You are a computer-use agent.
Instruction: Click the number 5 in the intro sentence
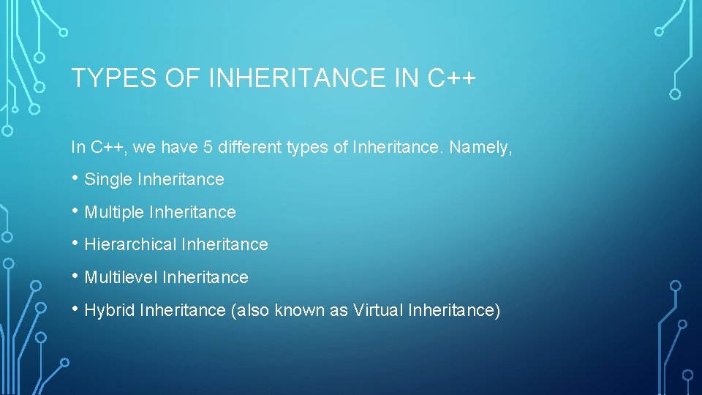[x=208, y=148]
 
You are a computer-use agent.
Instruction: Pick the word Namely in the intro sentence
[x=481, y=148]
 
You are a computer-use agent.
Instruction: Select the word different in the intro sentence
[x=250, y=148]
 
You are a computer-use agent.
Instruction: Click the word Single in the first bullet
[x=108, y=179]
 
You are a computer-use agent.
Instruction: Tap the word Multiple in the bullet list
[x=115, y=212]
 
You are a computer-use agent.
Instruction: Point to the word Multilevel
[x=121, y=277]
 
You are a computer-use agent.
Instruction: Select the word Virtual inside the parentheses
[x=378, y=310]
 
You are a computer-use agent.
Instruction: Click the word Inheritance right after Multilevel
[x=205, y=277]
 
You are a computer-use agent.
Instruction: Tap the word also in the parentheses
[x=252, y=310]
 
